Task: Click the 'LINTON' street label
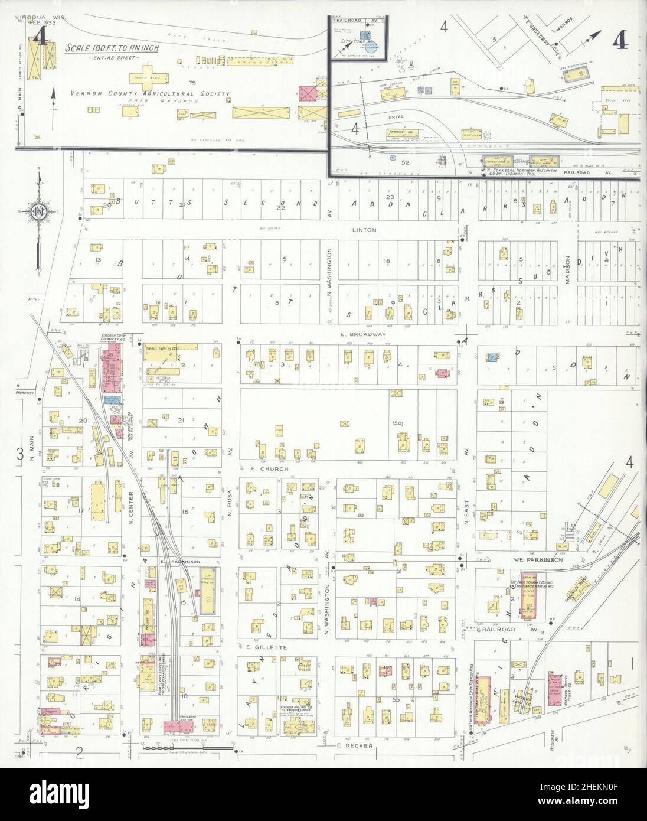click(363, 230)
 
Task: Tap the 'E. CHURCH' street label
click(273, 469)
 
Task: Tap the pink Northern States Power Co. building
click(555, 686)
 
